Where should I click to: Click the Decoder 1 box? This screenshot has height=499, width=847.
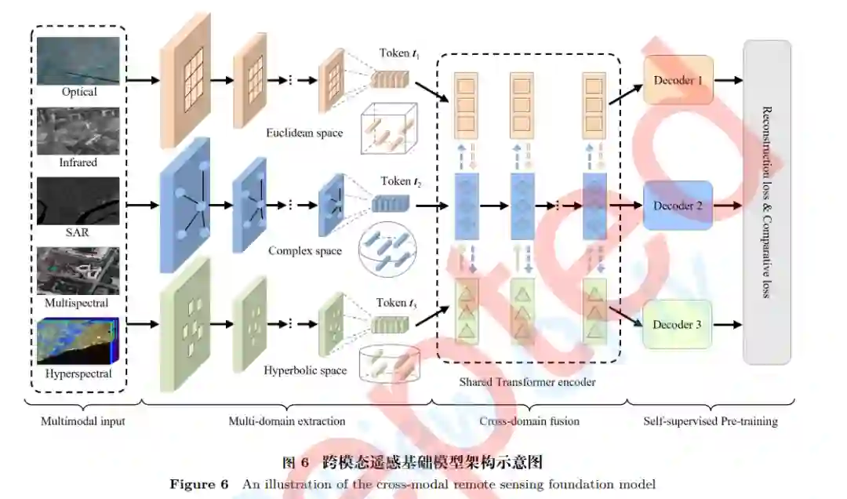tap(678, 80)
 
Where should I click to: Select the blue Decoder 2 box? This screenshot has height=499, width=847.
tap(678, 206)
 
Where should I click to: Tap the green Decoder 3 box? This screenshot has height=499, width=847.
tap(678, 324)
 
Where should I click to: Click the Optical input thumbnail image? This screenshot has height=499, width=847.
tap(78, 61)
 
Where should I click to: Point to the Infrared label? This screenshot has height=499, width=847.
tap(78, 162)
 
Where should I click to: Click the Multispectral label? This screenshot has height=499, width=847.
tap(78, 302)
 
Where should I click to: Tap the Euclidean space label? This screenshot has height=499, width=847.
tap(304, 133)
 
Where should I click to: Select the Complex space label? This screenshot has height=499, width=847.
tap(305, 251)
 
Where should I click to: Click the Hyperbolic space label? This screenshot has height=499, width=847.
tap(305, 370)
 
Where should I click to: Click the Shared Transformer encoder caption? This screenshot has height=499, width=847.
tap(527, 382)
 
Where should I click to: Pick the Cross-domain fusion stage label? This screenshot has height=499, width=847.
tap(529, 421)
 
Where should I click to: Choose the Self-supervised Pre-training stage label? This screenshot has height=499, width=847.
tap(710, 421)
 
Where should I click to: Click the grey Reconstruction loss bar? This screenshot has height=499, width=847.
tap(767, 202)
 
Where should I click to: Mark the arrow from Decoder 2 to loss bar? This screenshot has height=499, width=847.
tap(728, 206)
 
